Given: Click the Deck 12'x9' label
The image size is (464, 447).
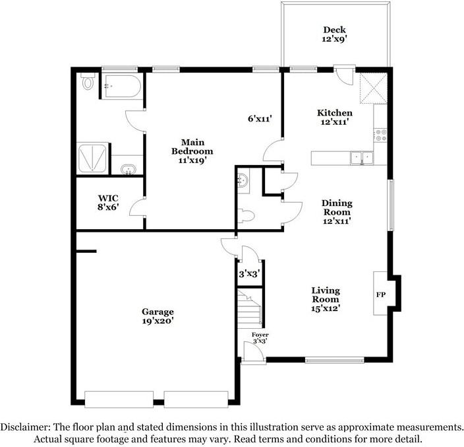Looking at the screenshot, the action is pos(334,34).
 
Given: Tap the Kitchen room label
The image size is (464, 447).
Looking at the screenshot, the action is pos(335,117).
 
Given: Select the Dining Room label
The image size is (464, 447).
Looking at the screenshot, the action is pos(337,212).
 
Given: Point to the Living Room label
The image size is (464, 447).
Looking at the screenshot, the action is pos(325,299).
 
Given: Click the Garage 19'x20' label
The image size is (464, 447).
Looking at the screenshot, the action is pos(158,316).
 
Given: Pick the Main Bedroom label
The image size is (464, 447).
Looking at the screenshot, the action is pos(192,151).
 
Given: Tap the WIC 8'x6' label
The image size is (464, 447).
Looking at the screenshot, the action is pos(108,203).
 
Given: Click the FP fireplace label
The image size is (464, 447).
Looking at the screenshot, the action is pos(381,294).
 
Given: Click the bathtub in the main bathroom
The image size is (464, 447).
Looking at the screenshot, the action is pos(121,86).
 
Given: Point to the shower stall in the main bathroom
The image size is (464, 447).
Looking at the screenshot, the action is pos(92,158).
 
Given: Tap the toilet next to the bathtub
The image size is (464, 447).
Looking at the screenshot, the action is pos(88,81).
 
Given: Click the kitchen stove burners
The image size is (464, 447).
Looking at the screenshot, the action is pos(380,135).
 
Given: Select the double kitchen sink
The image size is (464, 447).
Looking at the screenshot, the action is pos(362,158).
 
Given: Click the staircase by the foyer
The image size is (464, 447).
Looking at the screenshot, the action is pos(250,308).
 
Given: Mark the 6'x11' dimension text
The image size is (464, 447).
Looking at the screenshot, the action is pos(260,119).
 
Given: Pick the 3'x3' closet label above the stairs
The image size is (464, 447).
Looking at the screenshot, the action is pos(249,274).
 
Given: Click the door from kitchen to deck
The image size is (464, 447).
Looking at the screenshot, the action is pos(345,75).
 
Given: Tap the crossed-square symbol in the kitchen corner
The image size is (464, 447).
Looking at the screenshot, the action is pos(374,88).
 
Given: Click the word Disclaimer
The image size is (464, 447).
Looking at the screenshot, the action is pos(25,427).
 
